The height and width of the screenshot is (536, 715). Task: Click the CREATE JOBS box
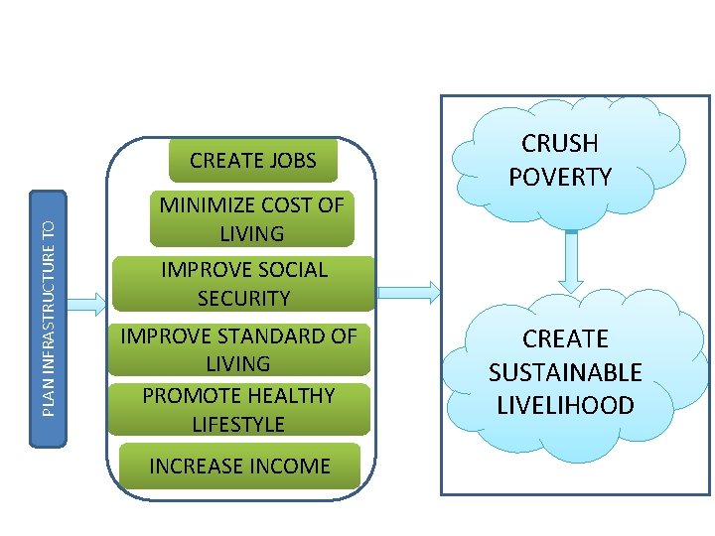[x=252, y=161]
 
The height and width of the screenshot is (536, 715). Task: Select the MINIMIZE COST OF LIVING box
[x=252, y=219]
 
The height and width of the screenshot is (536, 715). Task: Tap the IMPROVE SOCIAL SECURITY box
[x=243, y=284]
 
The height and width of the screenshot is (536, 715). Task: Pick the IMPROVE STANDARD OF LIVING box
[x=238, y=350]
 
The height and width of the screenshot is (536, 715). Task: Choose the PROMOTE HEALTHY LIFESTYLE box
[x=238, y=409]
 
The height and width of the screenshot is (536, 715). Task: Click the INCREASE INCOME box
[x=239, y=466]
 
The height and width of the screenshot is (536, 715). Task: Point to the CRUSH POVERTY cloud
[x=560, y=159]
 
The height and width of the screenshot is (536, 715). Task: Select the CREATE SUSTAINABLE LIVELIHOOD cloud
[x=565, y=372]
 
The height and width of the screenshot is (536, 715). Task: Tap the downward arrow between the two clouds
[x=571, y=260]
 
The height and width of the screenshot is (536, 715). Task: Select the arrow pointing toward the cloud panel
[x=407, y=291]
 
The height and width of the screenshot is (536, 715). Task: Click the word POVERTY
[x=560, y=177]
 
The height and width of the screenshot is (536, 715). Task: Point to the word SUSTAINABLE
[x=565, y=372]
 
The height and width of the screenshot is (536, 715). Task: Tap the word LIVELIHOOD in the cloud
[x=565, y=405]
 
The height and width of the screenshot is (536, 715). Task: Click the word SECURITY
[x=243, y=298]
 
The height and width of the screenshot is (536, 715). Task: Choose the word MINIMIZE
[x=205, y=205]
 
